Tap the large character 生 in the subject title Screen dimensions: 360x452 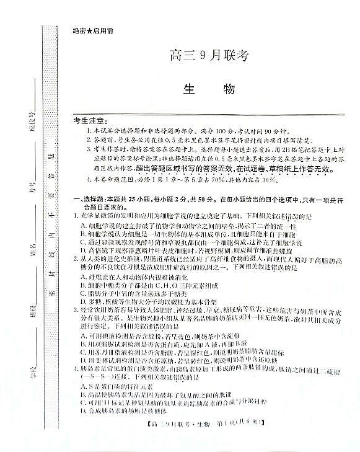188,89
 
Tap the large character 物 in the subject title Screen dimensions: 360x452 227,89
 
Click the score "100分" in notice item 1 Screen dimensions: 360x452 198,132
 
